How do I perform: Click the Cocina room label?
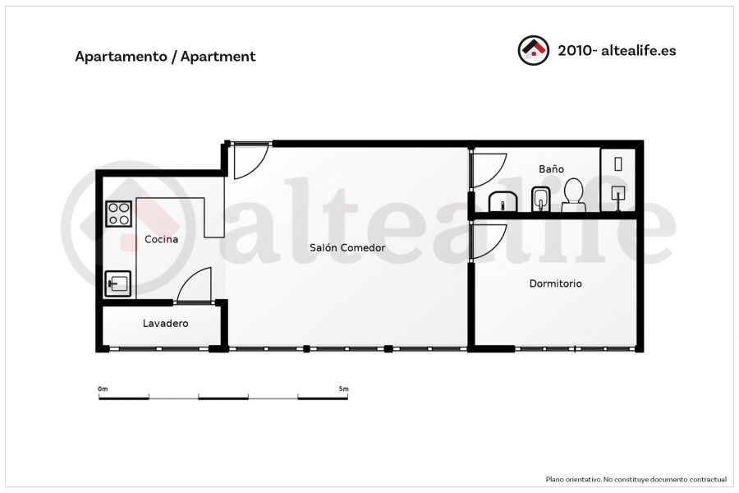pyautogui.click(x=161, y=239)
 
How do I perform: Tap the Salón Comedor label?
pyautogui.click(x=347, y=247)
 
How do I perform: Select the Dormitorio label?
pyautogui.click(x=556, y=283)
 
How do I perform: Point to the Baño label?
pyautogui.click(x=552, y=169)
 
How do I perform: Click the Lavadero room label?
pyautogui.click(x=165, y=323)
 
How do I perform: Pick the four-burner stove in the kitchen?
pyautogui.click(x=119, y=214)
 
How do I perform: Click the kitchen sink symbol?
pyautogui.click(x=117, y=283)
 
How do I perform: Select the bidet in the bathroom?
pyautogui.click(x=541, y=200)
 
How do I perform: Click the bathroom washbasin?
pyautogui.click(x=503, y=202)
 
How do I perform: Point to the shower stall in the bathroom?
pyautogui.click(x=617, y=180)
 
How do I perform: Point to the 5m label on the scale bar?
pyautogui.click(x=343, y=389)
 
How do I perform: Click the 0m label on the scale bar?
pyautogui.click(x=103, y=389)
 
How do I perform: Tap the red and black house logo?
pyautogui.click(x=534, y=50)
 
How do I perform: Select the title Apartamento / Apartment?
pyautogui.click(x=165, y=57)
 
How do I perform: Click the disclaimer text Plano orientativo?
pyautogui.click(x=574, y=479)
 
